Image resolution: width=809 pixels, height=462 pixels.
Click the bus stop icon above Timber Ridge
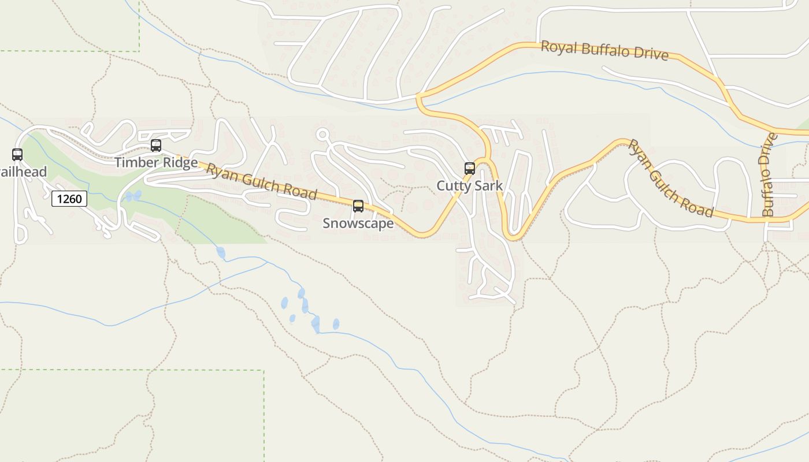(156, 146)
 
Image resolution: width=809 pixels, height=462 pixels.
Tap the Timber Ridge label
(156, 162)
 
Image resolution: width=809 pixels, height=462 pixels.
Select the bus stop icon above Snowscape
(358, 206)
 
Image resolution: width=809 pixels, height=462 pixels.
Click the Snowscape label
(358, 223)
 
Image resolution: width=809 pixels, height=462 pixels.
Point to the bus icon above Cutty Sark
(470, 169)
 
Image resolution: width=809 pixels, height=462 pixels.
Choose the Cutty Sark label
(470, 186)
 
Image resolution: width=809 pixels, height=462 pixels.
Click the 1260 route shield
(69, 199)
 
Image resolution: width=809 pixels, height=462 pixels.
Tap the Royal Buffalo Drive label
(604, 50)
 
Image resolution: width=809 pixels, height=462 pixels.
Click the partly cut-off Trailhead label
(23, 172)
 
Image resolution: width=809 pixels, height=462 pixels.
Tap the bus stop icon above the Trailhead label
(17, 155)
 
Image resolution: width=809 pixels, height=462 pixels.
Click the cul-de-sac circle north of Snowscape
(322, 135)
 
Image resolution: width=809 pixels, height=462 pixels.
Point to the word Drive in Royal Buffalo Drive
(650, 54)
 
